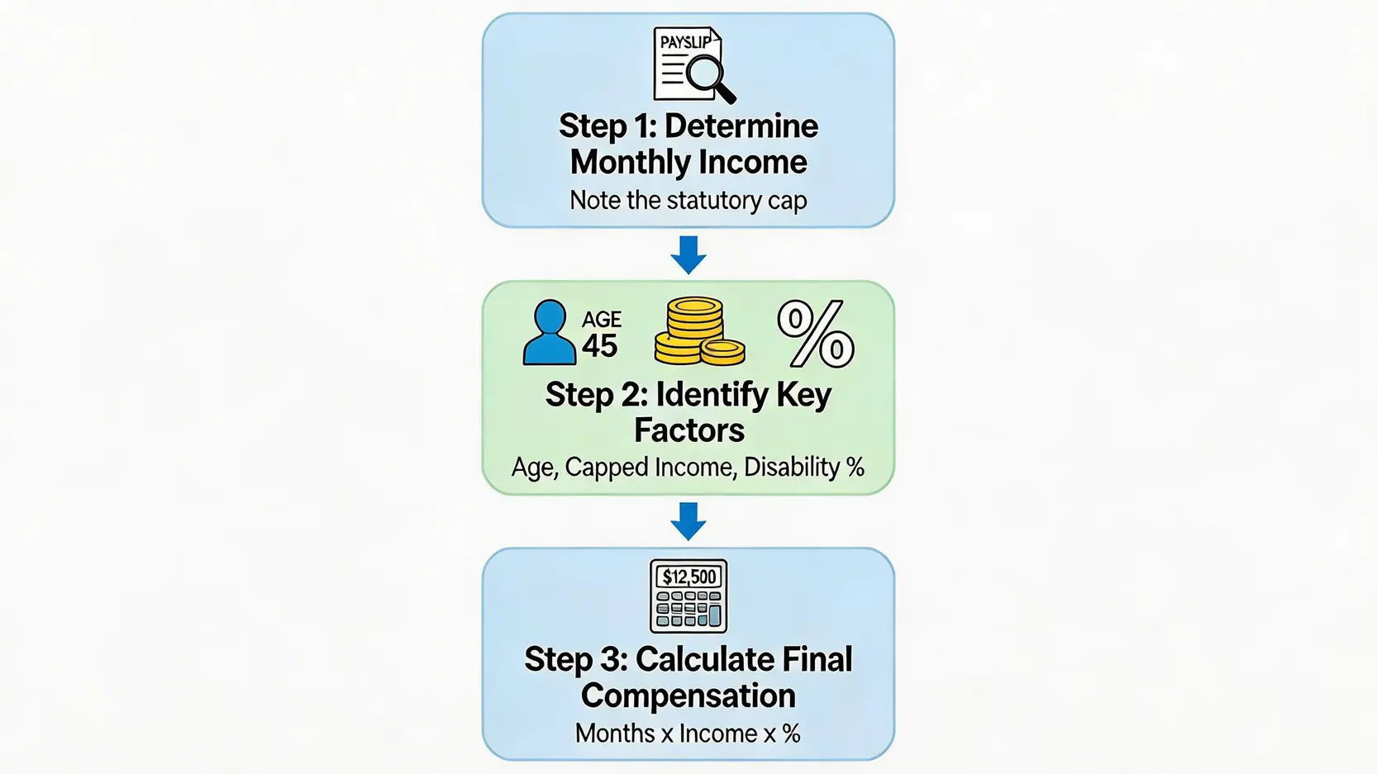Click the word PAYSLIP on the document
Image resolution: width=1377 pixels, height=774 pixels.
685,42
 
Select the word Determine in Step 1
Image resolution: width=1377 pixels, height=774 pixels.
741,126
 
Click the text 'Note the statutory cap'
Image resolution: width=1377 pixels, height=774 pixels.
688,201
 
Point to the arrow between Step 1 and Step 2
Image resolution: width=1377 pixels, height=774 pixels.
688,254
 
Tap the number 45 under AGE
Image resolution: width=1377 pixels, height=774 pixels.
600,345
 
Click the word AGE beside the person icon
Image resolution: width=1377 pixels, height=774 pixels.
602,320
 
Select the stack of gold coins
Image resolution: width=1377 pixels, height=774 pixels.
698,332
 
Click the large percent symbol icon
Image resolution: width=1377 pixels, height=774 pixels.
816,334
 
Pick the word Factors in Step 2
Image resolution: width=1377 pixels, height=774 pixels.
688,430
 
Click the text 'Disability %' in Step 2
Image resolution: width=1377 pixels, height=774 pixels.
804,468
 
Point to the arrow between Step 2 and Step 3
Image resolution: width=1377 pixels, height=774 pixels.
688,521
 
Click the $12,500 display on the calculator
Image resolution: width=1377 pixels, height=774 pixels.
689,577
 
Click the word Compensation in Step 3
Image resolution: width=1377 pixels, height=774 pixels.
688,696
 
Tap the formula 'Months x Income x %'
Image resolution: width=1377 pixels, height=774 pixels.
688,734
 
